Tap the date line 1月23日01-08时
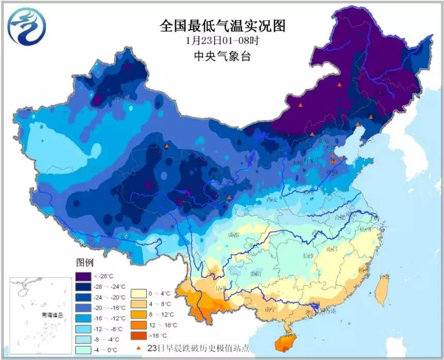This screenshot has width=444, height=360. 223,40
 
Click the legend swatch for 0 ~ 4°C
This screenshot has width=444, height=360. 138,293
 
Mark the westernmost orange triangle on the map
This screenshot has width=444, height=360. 167,147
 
